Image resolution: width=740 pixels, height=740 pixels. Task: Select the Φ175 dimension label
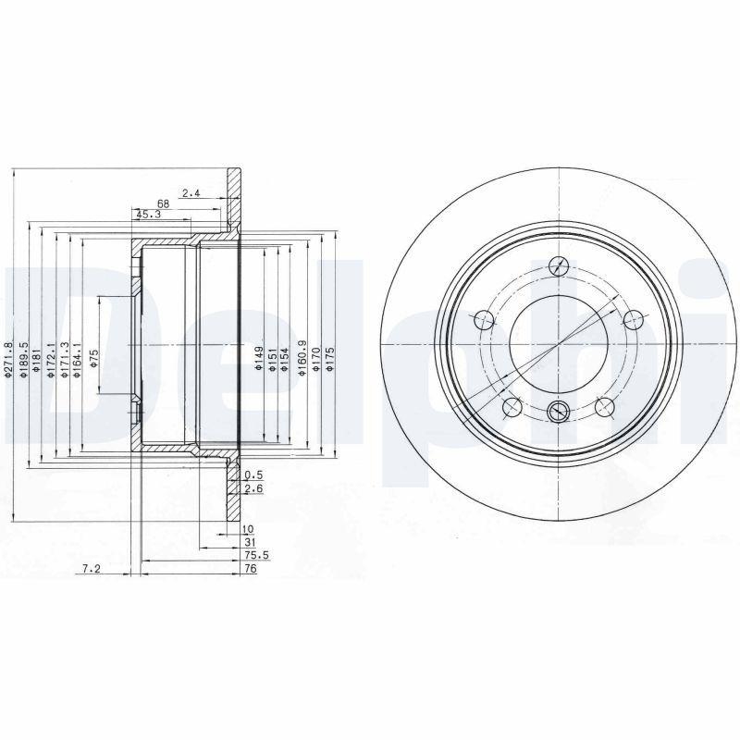point(330,360)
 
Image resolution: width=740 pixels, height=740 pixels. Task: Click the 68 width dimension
point(162,203)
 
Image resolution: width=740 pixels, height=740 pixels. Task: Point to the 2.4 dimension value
point(191,192)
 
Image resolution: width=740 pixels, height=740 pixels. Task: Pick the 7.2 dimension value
point(91,569)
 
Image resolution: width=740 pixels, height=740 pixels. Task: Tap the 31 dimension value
point(249,541)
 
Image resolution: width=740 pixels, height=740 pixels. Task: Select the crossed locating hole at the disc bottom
point(557,413)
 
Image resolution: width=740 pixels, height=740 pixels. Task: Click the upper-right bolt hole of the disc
point(633,320)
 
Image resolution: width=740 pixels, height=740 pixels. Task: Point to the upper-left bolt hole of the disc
point(482,320)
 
